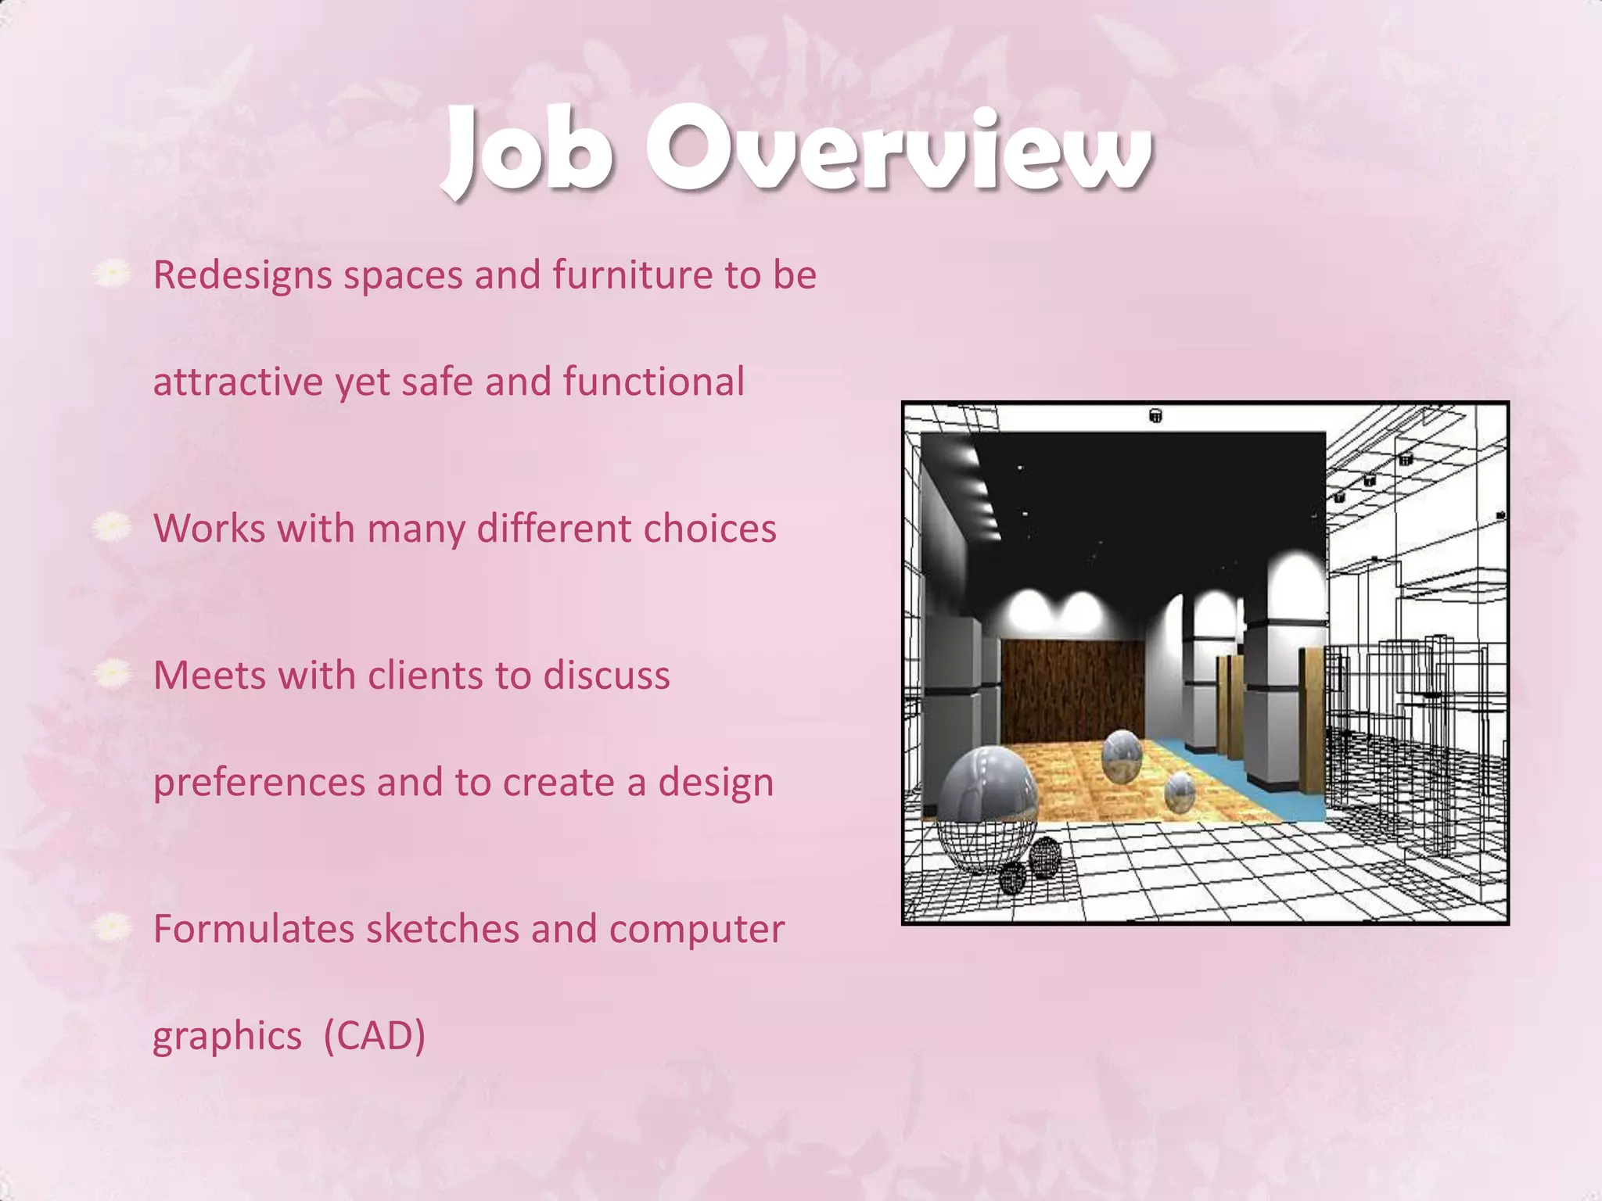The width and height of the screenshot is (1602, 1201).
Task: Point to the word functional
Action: (x=653, y=382)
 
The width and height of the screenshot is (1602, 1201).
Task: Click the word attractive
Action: (x=238, y=383)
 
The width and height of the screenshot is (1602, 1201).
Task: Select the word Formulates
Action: (x=253, y=930)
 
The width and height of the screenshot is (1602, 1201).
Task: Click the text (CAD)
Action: (x=374, y=1037)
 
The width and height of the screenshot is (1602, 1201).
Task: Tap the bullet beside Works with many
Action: (x=113, y=526)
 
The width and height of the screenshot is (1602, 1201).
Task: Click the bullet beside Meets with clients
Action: (x=113, y=673)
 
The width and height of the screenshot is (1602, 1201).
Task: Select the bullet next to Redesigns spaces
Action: (x=113, y=273)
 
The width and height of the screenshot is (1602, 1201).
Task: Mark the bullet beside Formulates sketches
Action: (x=113, y=927)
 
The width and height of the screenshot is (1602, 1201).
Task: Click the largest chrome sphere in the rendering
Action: (x=987, y=786)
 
